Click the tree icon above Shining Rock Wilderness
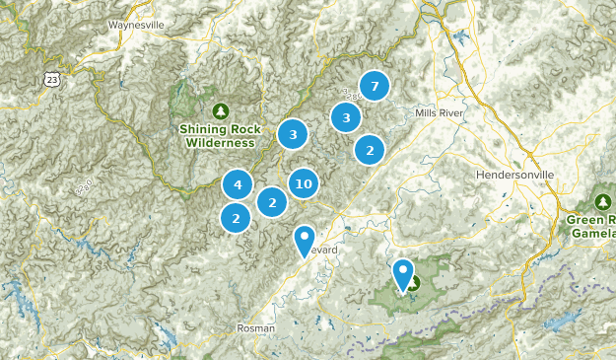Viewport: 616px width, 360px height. [219, 109]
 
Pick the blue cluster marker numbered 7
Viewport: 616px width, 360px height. [374, 87]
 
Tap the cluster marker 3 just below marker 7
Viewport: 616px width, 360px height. [346, 118]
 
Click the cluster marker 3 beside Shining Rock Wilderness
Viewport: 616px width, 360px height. [293, 134]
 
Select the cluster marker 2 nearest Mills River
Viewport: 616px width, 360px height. [370, 150]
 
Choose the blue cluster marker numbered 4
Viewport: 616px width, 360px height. [238, 184]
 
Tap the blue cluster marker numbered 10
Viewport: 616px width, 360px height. [304, 183]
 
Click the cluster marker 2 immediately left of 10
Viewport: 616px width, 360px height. [272, 202]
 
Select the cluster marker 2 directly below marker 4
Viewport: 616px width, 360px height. [236, 218]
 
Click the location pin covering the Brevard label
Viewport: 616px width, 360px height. [305, 239]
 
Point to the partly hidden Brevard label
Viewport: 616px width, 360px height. [326, 251]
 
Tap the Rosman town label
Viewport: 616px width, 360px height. [255, 327]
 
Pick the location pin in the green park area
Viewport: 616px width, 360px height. [403, 273]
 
